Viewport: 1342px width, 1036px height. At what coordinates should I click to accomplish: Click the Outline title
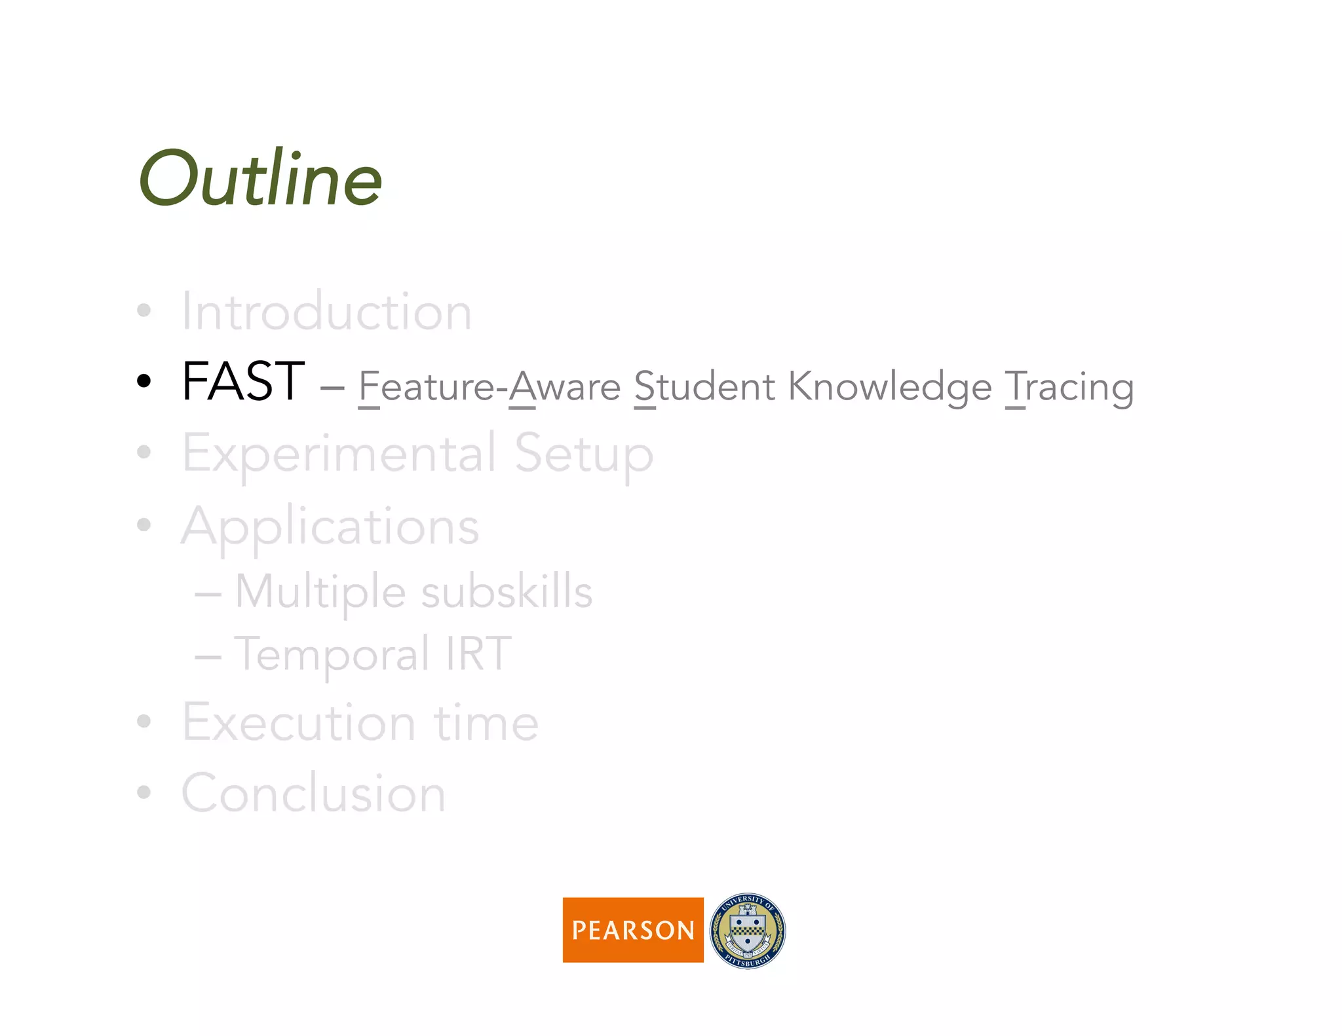(x=260, y=178)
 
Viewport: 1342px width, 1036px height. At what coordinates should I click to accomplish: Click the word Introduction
(x=326, y=312)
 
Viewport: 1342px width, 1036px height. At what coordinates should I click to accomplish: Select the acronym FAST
(x=243, y=382)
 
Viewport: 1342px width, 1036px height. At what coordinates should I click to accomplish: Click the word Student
(x=704, y=386)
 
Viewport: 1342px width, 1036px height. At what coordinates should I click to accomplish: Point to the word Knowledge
(x=890, y=386)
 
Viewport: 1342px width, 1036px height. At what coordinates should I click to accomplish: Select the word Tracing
(x=1069, y=386)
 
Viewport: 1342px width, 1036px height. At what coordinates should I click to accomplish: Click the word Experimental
(x=339, y=453)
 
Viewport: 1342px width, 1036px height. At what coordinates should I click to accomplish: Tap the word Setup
(x=583, y=453)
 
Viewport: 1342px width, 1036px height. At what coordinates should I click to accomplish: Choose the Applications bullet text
(x=330, y=527)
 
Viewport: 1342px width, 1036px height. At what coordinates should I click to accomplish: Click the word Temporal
(x=332, y=654)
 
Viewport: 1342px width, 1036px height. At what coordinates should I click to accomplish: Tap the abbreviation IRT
(x=478, y=654)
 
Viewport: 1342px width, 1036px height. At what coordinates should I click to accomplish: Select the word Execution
(x=299, y=723)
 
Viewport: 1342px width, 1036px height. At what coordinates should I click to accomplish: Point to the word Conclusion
(x=313, y=794)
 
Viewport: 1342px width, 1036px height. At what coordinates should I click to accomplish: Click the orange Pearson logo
(x=633, y=930)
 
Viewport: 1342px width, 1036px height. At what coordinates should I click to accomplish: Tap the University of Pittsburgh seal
(x=748, y=931)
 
